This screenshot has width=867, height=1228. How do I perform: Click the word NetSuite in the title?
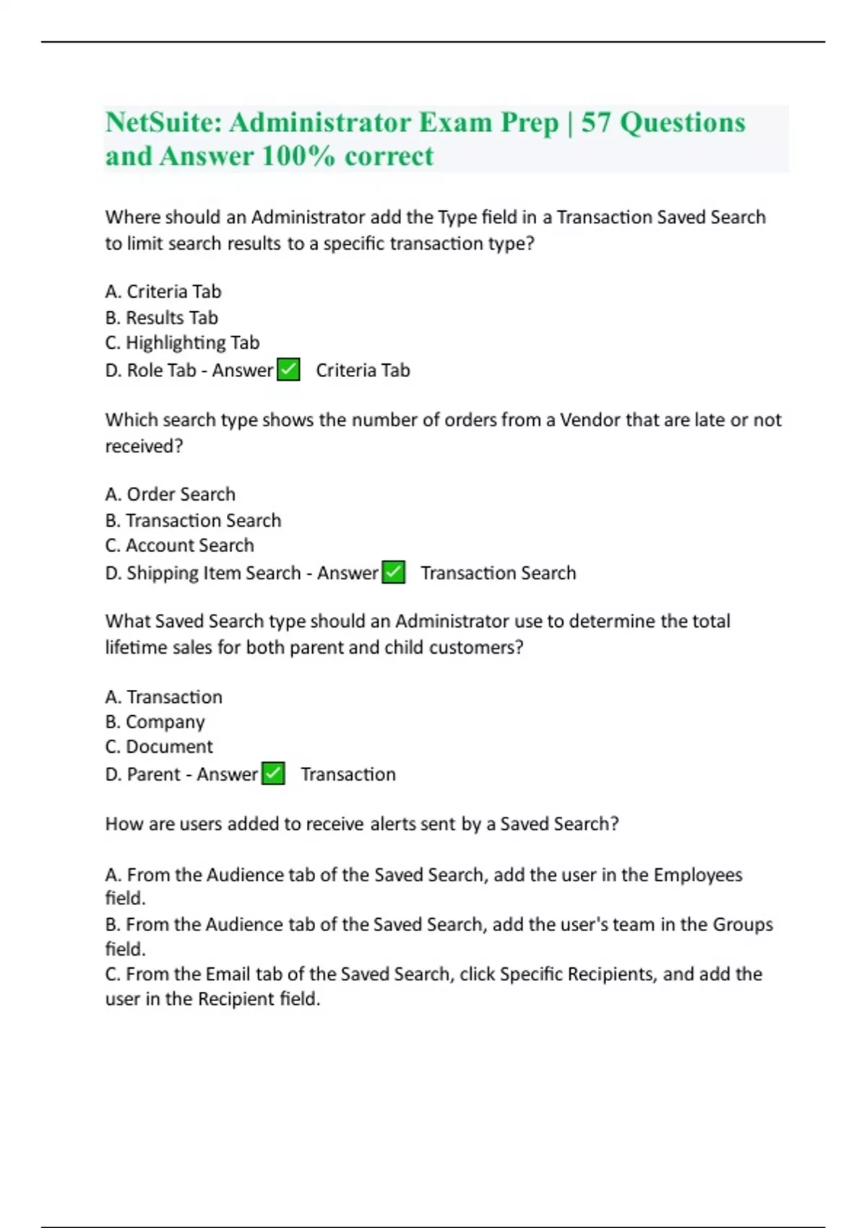tap(163, 122)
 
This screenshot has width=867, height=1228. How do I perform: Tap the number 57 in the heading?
tap(596, 122)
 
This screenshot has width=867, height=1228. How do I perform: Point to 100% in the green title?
tap(298, 156)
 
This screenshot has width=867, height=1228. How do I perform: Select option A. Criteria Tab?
tap(163, 291)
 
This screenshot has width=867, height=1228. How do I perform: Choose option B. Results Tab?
tap(161, 317)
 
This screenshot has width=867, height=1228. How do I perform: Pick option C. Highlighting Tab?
tap(182, 342)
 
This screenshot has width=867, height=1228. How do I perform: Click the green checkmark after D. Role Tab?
tap(288, 370)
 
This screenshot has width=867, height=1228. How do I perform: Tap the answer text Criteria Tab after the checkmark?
tap(363, 370)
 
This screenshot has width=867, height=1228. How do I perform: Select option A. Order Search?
tap(171, 494)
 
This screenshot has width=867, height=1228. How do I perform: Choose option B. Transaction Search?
tap(193, 520)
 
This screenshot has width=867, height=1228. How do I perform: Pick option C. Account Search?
tap(179, 545)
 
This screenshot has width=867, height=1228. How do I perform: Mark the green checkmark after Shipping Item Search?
tap(393, 573)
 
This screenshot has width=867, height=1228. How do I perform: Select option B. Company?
tap(155, 722)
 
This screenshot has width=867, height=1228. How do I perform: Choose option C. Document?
tap(159, 746)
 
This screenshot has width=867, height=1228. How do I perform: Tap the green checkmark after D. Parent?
tap(273, 774)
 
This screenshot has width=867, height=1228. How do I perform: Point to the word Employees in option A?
tap(697, 875)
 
